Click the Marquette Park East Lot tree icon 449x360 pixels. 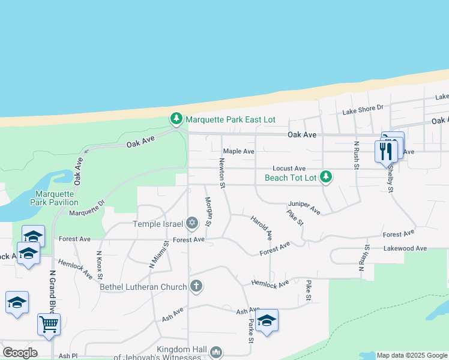(176, 119)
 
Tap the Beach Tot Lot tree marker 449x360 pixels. (325, 177)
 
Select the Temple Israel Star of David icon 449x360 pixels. (192, 224)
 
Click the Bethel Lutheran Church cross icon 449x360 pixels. (196, 287)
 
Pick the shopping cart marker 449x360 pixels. (49, 324)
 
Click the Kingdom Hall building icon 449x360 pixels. (217, 352)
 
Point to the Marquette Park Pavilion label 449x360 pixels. (54, 198)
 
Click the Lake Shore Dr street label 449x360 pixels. (363, 109)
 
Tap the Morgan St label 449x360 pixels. (208, 211)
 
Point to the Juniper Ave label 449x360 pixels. (304, 207)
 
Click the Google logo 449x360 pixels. (20, 353)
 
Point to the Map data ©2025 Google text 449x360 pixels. (412, 355)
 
